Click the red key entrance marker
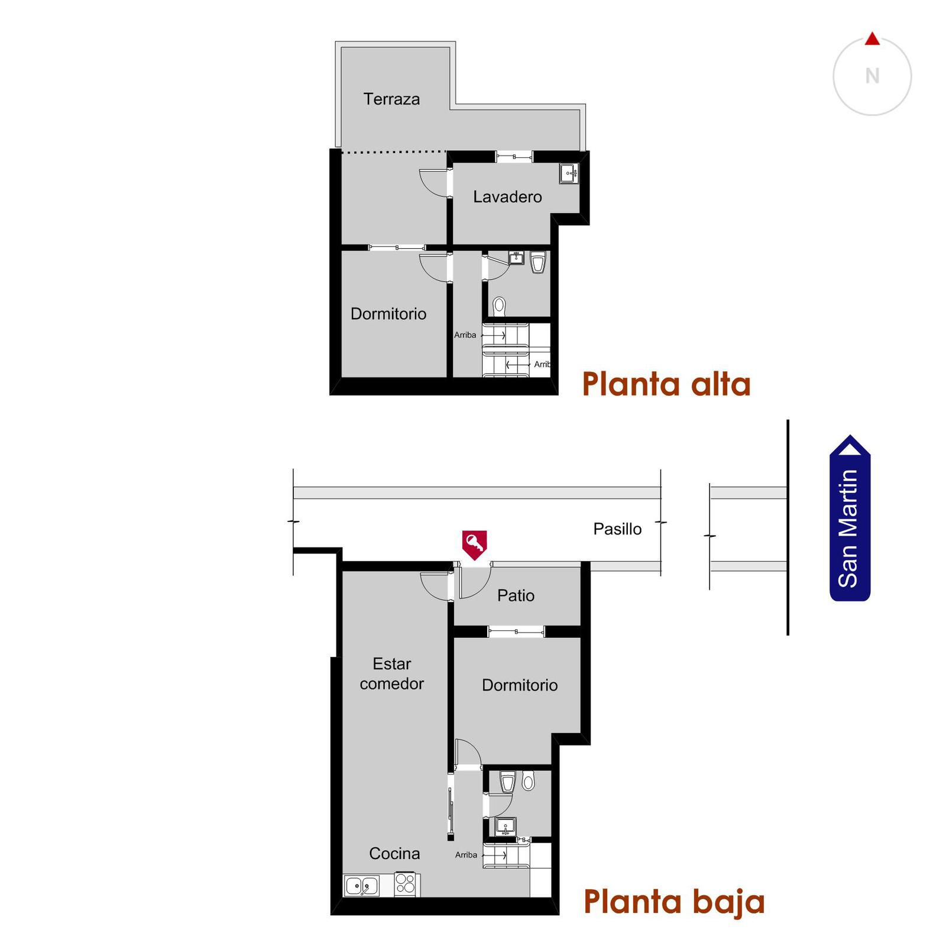click(x=474, y=545)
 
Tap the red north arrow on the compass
click(x=872, y=39)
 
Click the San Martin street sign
click(x=850, y=518)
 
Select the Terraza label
click(x=391, y=99)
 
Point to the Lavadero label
click(x=507, y=197)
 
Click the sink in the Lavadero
click(x=569, y=174)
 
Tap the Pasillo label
click(x=617, y=529)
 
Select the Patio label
click(x=516, y=595)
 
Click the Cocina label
click(x=394, y=853)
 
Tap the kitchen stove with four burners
click(x=406, y=883)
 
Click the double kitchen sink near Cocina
click(x=362, y=886)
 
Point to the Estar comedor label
click(x=391, y=673)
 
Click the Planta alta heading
click(x=666, y=384)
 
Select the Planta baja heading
click(x=674, y=902)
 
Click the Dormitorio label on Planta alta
click(x=388, y=314)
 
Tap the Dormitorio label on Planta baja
click(x=520, y=685)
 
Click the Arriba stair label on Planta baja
click(x=466, y=855)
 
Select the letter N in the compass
click(x=872, y=76)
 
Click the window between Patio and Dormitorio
click(x=516, y=631)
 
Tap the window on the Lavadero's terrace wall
click(x=514, y=157)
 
